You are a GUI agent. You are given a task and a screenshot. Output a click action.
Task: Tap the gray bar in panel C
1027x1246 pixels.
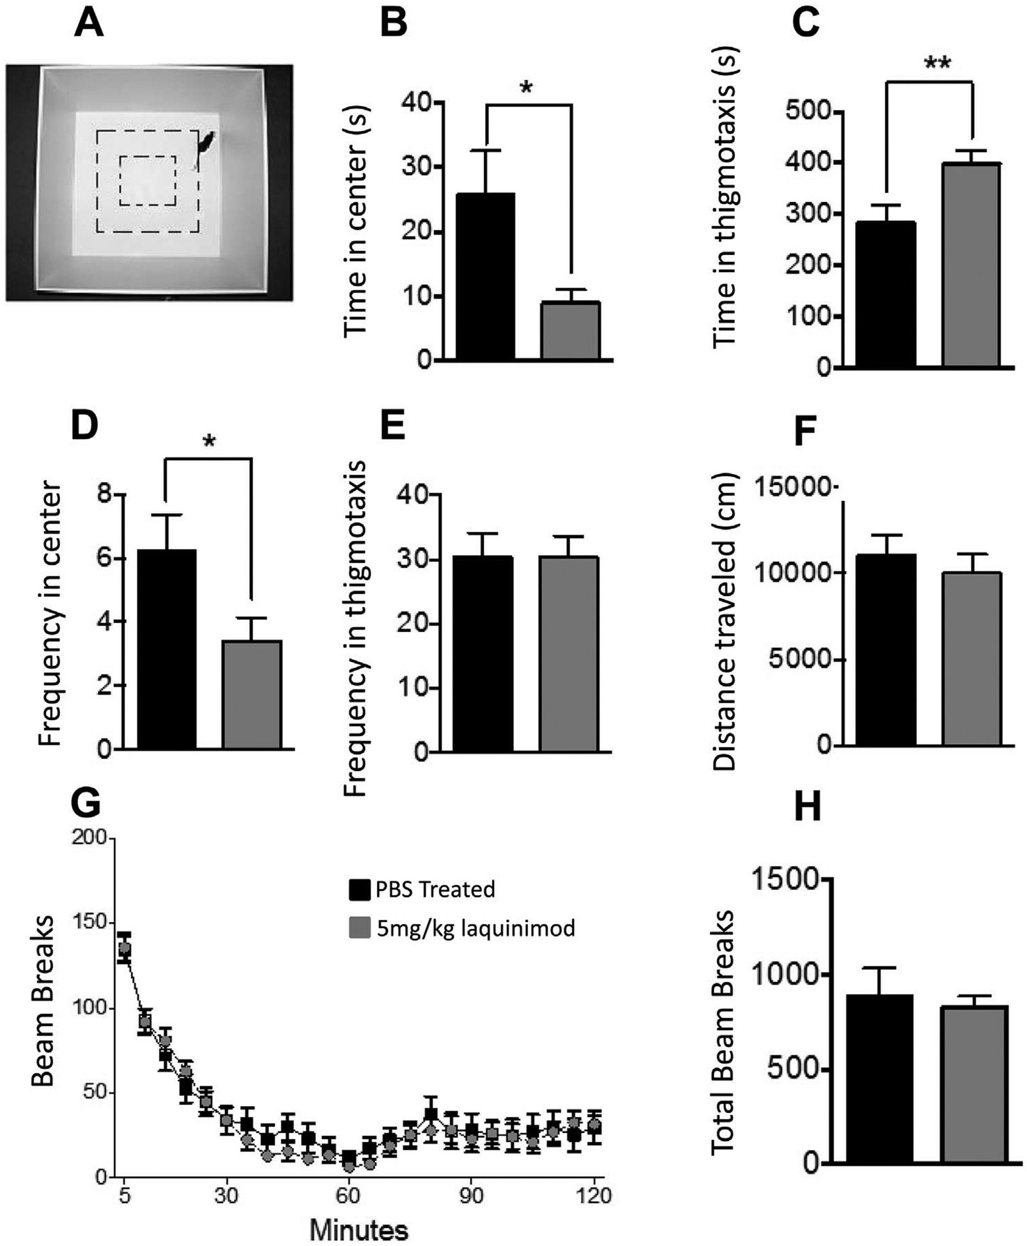point(971,265)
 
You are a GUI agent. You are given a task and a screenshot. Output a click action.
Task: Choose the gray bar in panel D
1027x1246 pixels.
point(252,694)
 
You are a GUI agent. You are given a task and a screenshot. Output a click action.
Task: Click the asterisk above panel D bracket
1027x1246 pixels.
point(210,442)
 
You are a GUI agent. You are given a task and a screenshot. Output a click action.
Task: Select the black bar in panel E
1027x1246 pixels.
point(483,653)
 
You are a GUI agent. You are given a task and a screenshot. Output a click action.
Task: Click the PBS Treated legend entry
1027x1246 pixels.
point(422,889)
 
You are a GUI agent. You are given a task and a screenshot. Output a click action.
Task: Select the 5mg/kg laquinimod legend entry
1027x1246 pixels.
point(462,928)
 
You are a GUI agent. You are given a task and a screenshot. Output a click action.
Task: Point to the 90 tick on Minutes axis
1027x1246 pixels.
point(471,1194)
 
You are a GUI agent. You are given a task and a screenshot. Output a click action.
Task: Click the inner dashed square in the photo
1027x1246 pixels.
point(148,181)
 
